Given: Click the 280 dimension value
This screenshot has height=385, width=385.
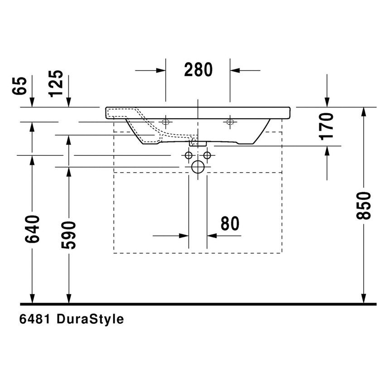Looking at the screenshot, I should click(198, 70).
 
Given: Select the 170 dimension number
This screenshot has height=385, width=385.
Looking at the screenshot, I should click(327, 125).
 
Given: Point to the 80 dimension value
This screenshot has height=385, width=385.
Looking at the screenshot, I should click(230, 224).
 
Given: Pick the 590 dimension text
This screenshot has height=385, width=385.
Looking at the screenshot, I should click(69, 235).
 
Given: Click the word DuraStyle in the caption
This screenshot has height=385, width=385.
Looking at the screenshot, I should click(90, 319).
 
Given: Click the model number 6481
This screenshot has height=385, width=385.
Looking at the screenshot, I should click(35, 319).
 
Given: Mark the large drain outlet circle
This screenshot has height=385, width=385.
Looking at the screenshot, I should click(198, 167).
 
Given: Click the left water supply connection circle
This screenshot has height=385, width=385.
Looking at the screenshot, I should click(188, 155).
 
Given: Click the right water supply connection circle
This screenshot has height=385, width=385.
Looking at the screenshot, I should click(207, 155).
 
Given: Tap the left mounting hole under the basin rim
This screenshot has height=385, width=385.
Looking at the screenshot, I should click(165, 121).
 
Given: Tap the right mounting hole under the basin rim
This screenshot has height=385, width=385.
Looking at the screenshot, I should click(230, 121).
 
